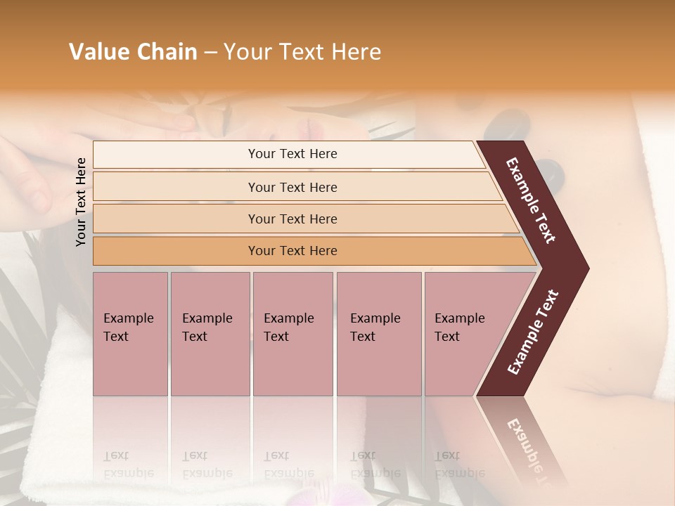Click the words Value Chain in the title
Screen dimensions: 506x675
coord(133,52)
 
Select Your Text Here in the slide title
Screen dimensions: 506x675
coord(302,52)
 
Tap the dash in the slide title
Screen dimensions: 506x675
coord(210,53)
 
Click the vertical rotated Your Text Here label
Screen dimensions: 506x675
coord(81,202)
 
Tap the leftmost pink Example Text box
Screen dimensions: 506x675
coord(130,333)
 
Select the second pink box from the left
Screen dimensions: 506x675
coord(210,333)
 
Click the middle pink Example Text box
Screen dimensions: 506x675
coord(292,333)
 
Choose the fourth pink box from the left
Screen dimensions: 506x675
coord(379,333)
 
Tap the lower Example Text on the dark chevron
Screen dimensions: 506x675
coord(532,332)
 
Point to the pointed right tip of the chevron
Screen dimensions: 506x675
coord(585,268)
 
